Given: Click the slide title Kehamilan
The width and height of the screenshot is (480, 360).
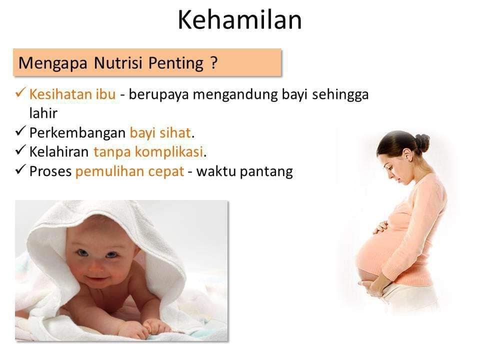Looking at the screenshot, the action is click(x=239, y=20).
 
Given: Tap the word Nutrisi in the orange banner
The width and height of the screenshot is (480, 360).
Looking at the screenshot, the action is click(x=118, y=63).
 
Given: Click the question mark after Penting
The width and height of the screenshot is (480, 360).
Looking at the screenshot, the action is click(x=214, y=62).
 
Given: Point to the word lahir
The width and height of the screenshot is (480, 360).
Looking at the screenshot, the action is click(x=43, y=113).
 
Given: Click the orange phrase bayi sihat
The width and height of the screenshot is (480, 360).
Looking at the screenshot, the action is click(x=160, y=133).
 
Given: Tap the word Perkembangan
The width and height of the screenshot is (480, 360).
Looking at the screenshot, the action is click(x=77, y=133).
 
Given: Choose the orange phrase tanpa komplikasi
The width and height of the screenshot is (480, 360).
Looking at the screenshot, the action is click(x=148, y=152).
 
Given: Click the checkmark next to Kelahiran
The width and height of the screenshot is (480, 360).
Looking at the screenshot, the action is click(x=20, y=150).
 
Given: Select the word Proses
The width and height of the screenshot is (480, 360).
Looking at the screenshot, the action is click(x=50, y=171).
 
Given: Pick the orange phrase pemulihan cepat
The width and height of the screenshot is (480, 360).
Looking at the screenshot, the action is click(x=130, y=171).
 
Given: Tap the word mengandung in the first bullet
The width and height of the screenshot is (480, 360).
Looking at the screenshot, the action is click(x=235, y=94).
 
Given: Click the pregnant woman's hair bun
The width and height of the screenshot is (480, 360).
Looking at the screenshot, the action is click(x=422, y=142).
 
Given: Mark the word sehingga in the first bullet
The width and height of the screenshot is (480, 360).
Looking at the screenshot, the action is click(x=340, y=94).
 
